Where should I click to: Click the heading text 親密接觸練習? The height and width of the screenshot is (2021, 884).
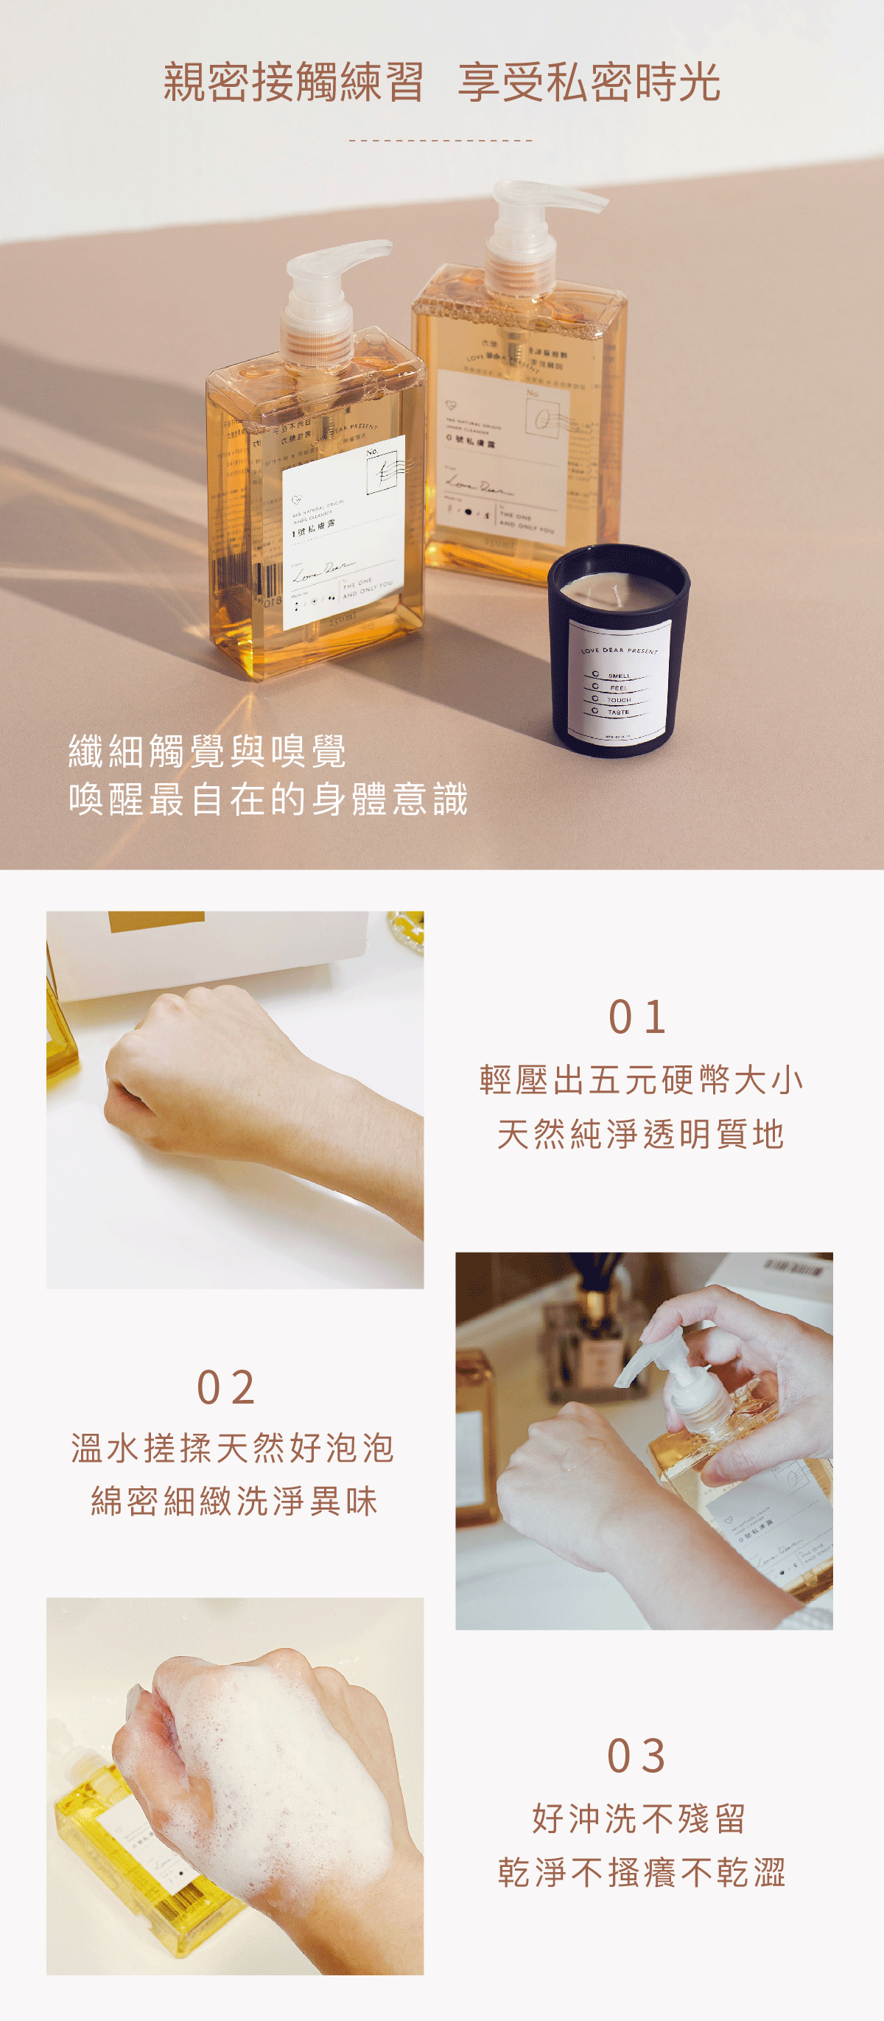point(293,83)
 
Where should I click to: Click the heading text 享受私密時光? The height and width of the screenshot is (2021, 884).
point(589,83)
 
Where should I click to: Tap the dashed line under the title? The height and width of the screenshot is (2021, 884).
point(441,141)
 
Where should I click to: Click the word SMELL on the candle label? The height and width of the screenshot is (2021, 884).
point(619,676)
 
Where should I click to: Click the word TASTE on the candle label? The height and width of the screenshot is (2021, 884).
point(618,712)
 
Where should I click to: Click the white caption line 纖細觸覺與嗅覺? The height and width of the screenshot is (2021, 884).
point(207,752)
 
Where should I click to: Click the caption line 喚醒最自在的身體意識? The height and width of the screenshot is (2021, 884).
point(268,799)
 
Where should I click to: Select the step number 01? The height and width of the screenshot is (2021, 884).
point(638,1017)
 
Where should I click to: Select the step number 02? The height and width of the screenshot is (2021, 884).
point(226,1388)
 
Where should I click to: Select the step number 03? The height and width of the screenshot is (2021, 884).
point(637,1756)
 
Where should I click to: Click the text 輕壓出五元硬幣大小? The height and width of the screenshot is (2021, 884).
point(641,1080)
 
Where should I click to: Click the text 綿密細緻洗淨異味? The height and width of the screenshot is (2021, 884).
point(234,1502)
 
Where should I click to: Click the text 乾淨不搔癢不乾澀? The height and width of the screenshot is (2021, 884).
point(641,1872)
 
